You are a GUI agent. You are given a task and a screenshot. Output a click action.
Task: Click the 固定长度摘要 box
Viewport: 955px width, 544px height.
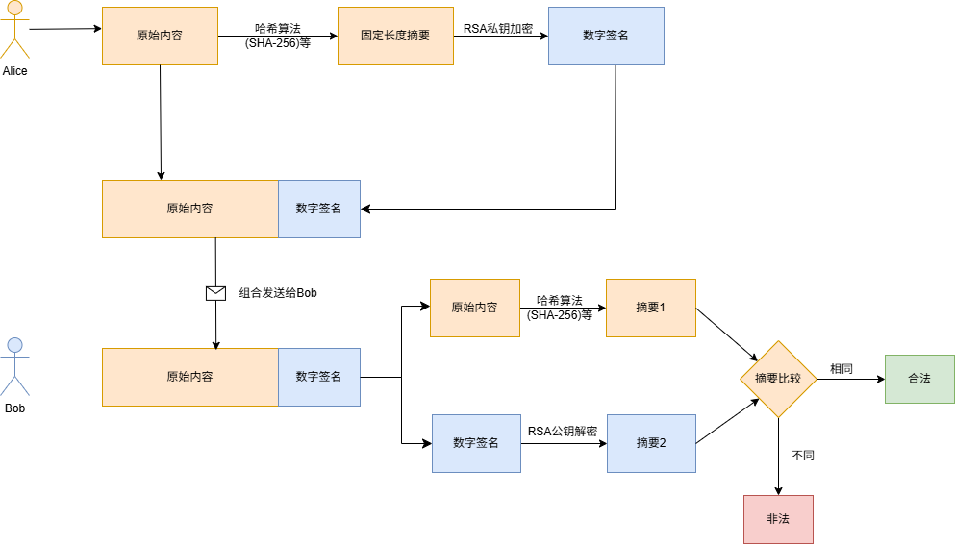pos(395,36)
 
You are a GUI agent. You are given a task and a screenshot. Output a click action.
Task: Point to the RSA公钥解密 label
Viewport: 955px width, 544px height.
pos(563,432)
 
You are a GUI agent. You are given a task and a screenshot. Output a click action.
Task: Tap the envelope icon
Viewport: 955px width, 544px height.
pos(215,293)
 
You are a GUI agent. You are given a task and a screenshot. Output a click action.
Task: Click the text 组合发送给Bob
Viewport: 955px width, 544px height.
pos(278,293)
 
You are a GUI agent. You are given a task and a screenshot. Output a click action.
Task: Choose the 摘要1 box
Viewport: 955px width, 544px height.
pos(650,308)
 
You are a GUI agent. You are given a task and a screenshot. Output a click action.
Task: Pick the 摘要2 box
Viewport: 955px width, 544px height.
pos(651,443)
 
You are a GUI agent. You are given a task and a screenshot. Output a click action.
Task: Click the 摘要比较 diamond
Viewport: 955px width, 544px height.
pos(778,379)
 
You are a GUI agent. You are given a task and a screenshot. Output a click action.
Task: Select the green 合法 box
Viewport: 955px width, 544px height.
pos(919,379)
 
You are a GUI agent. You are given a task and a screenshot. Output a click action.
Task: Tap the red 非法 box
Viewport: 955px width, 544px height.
pos(778,519)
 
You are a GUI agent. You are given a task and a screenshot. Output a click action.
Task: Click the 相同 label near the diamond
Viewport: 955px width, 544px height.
pos(842,369)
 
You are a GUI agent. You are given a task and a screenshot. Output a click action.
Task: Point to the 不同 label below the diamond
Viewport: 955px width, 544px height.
pos(803,455)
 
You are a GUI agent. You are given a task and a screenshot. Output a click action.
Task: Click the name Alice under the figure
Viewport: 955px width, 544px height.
pos(15,71)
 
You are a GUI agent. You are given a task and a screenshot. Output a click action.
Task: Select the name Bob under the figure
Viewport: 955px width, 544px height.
pos(14,408)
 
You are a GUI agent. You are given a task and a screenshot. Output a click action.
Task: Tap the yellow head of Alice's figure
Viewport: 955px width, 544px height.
pos(15,9)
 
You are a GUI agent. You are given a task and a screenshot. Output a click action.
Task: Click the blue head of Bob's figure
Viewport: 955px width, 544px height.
pos(14,345)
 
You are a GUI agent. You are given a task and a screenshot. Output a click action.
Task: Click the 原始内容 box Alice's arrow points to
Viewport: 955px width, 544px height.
pos(160,36)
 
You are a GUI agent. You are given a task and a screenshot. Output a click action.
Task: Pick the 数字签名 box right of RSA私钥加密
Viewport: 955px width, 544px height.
pos(606,36)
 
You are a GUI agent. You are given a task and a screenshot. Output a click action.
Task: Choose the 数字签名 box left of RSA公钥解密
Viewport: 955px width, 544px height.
pos(476,443)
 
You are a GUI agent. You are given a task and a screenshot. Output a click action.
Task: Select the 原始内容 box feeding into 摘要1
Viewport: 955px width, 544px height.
pos(474,308)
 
